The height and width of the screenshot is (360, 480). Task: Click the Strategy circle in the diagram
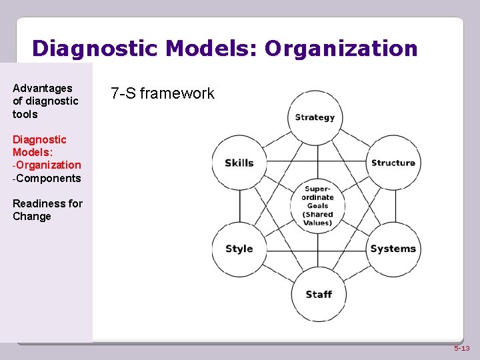point(315,117)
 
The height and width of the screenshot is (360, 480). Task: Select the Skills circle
point(239,163)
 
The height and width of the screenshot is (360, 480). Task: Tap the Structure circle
point(393,163)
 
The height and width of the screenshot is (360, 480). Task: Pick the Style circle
point(239,249)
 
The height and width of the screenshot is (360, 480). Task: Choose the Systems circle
point(393,249)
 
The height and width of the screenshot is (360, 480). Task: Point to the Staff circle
point(318,295)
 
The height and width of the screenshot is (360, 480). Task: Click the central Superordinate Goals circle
point(317,205)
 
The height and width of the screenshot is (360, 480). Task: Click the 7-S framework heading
point(163,93)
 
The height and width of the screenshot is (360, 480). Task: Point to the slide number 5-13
point(461,349)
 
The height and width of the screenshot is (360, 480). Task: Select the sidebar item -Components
point(47,178)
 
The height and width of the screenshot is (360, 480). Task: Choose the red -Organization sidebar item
point(47,165)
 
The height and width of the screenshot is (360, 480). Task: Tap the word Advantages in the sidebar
point(43,88)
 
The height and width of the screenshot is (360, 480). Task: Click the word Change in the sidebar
point(32,216)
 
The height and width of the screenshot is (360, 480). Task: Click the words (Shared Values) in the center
point(317,219)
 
